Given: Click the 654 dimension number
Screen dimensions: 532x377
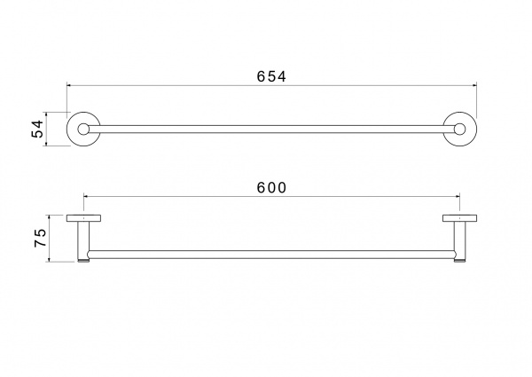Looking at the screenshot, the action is click(271, 76).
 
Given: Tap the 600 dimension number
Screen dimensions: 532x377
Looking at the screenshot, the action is click(272, 188).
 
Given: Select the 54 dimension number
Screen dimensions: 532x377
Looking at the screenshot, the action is click(38, 129).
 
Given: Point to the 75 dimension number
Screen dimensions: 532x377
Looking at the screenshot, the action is click(40, 238).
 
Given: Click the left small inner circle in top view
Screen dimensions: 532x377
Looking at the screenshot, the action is click(83, 129).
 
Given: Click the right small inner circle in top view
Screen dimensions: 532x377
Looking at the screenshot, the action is click(459, 129).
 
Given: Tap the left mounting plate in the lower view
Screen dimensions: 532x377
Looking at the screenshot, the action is click(83, 218).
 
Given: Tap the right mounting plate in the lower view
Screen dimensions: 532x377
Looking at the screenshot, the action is click(459, 218).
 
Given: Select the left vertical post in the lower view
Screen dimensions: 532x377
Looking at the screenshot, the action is click(83, 240).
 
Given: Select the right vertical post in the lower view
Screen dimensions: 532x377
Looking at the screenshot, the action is click(459, 240).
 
